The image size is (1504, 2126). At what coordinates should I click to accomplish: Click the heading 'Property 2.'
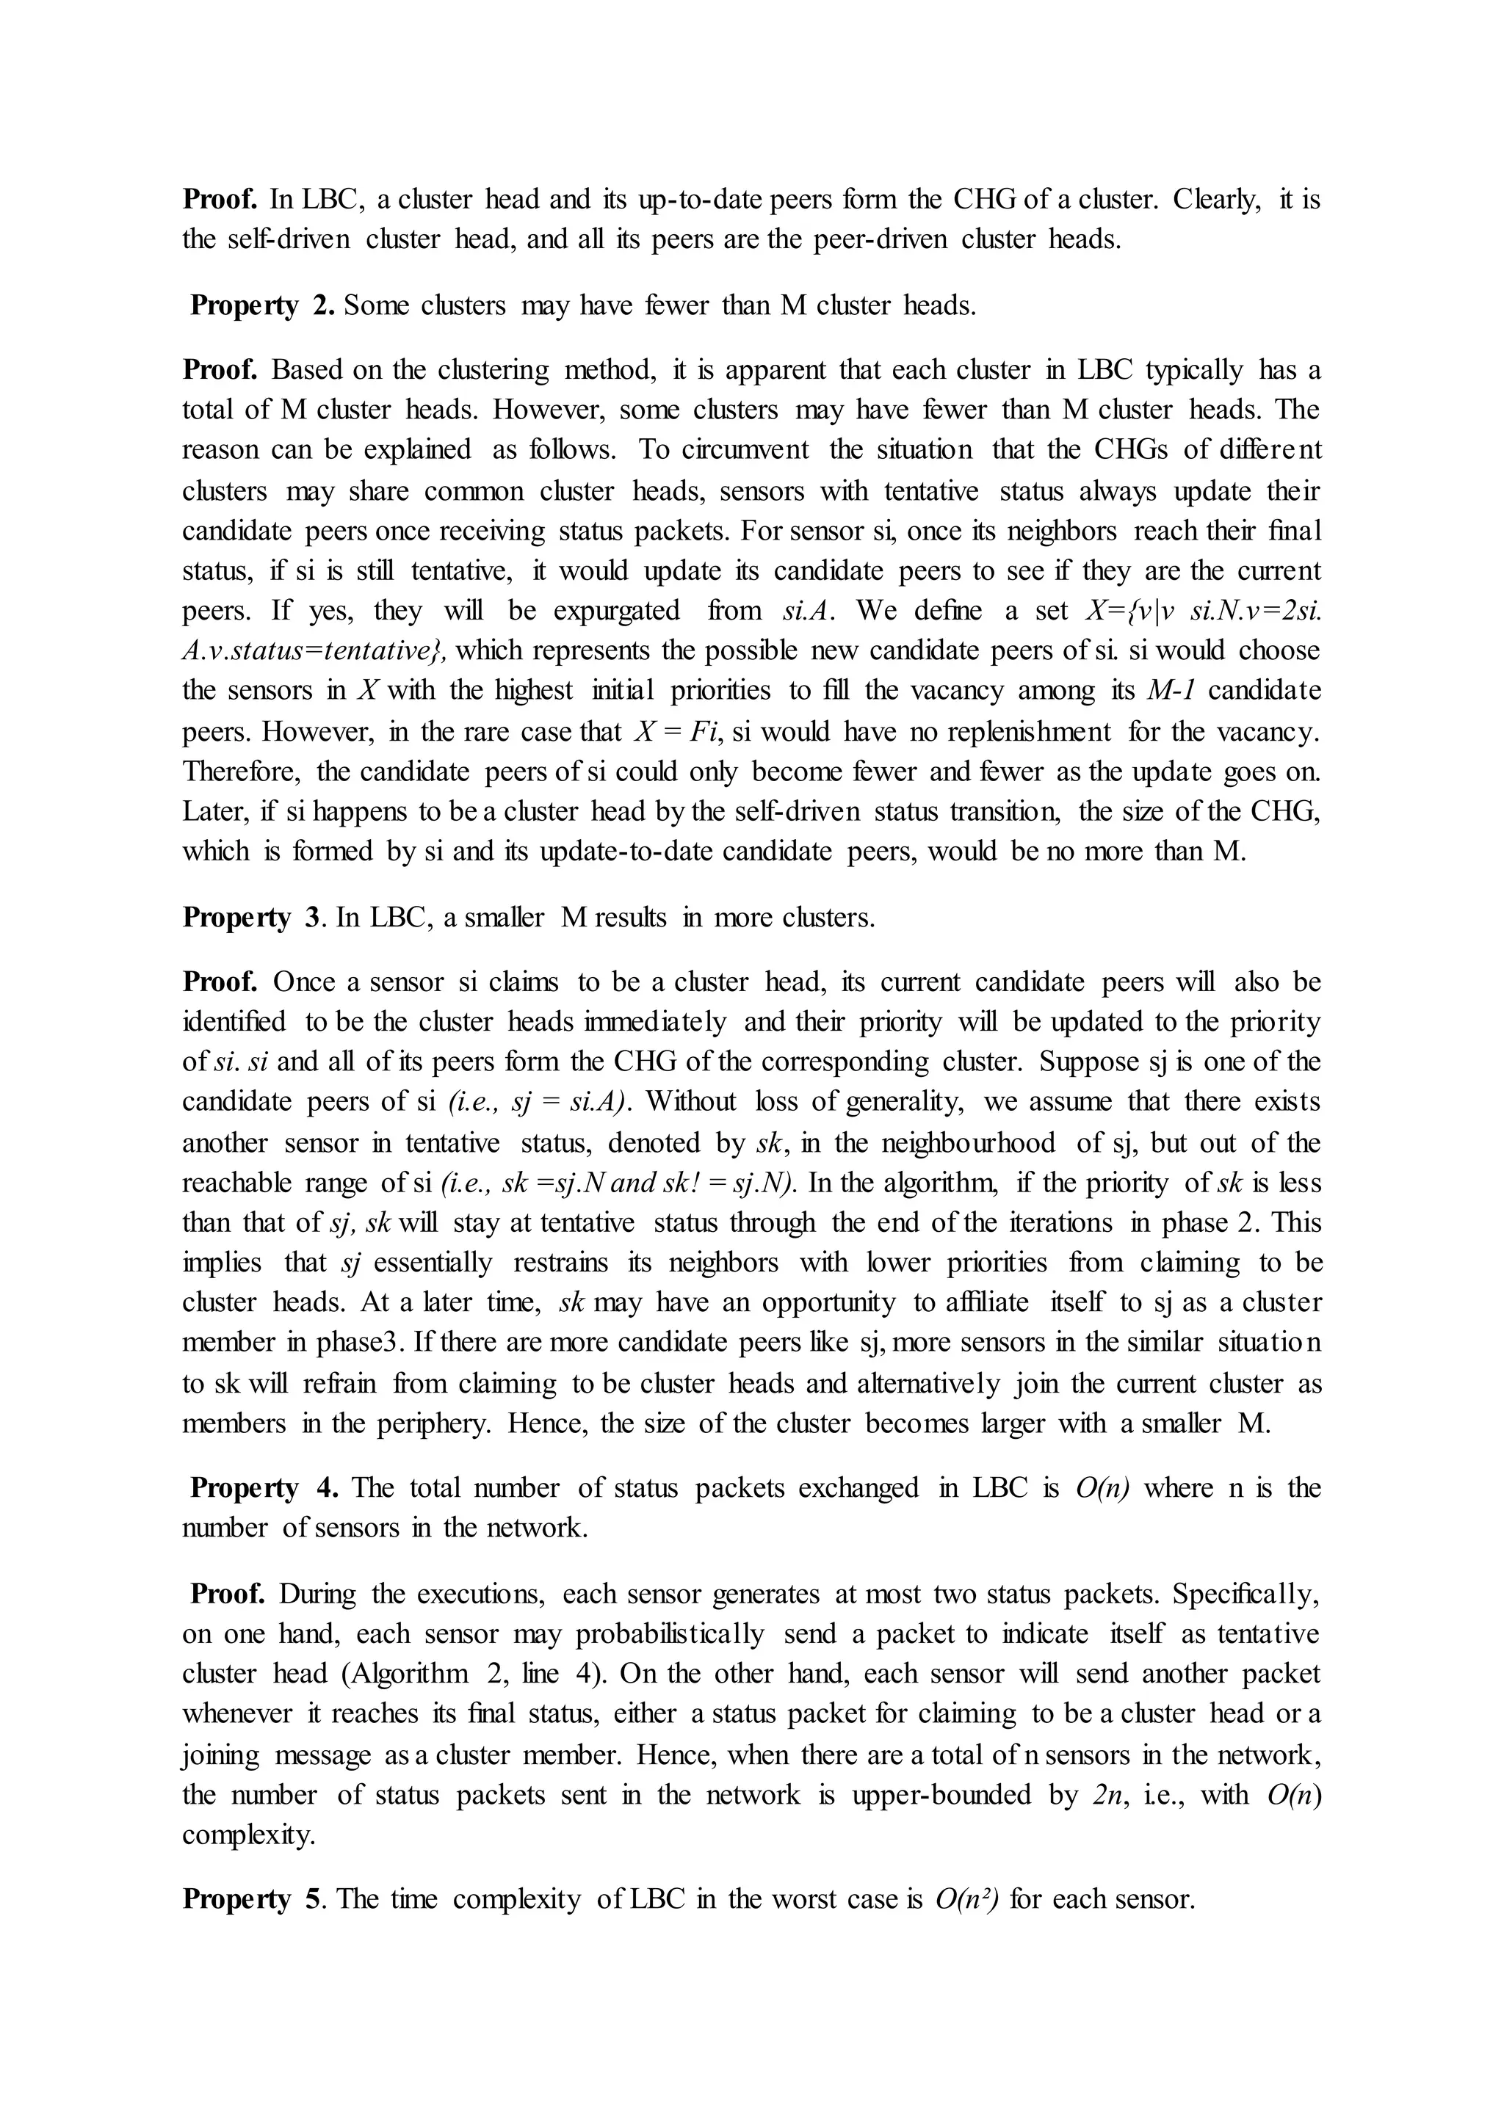point(263,305)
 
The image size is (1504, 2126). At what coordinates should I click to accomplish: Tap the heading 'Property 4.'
point(263,1487)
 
